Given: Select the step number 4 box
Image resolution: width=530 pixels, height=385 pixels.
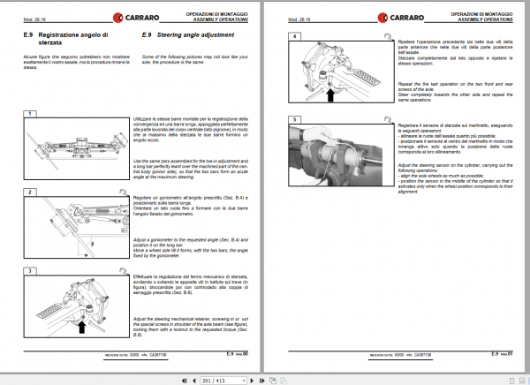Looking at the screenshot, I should pos(295,36).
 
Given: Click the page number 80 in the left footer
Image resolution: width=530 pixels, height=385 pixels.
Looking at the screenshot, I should pos(246,354).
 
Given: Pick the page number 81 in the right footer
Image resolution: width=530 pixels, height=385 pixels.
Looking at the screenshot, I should pos(511,354).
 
